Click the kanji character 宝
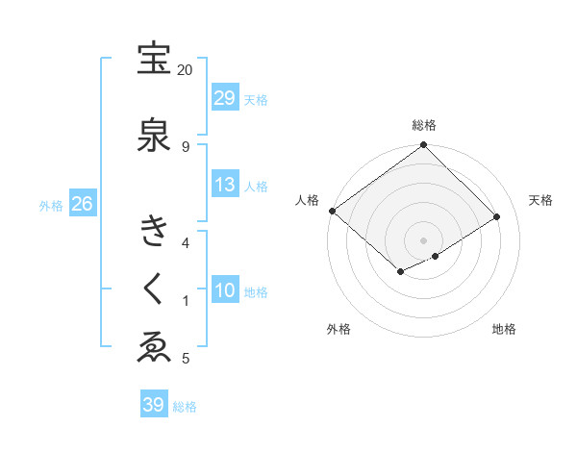click(154, 60)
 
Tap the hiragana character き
click(154, 231)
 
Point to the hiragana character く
click(154, 288)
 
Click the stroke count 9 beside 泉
click(185, 146)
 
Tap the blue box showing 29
click(225, 98)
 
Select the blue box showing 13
click(225, 185)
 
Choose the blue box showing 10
click(225, 290)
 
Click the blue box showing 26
click(82, 204)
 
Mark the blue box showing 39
click(153, 405)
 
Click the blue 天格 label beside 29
click(256, 99)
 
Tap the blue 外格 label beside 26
click(51, 205)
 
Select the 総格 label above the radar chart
click(424, 125)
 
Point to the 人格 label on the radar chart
click(307, 200)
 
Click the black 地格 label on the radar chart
click(504, 329)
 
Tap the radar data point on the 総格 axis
click(423, 145)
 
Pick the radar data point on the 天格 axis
click(497, 217)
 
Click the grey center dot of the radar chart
click(423, 239)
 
